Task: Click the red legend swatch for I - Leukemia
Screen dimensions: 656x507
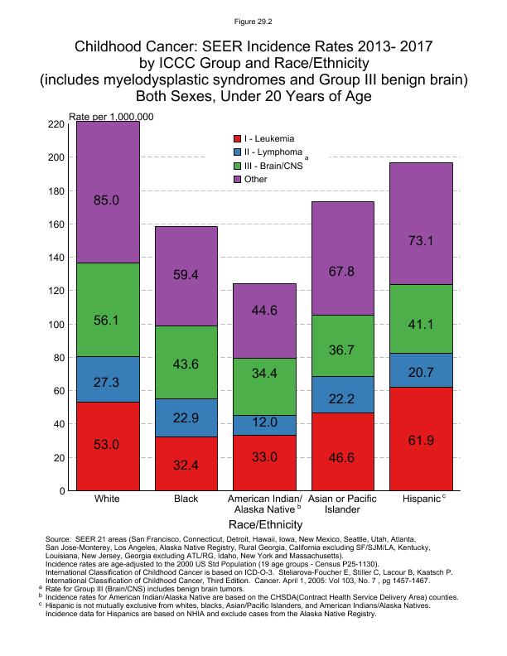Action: click(237, 138)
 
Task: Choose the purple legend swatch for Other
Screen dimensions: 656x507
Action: click(237, 179)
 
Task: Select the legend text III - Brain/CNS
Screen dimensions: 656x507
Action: click(274, 166)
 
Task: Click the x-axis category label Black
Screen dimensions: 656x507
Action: click(187, 499)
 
